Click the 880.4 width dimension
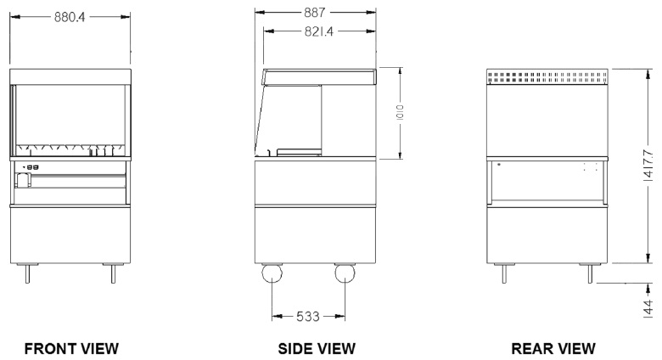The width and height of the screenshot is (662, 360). click(70, 17)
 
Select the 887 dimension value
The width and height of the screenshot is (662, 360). click(315, 13)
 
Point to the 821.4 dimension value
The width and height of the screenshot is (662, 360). click(319, 31)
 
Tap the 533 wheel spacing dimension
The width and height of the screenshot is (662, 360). click(308, 316)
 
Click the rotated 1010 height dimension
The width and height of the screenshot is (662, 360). click(401, 112)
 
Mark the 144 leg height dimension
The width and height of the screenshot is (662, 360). click(648, 308)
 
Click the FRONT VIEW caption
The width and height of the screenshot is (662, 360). click(71, 349)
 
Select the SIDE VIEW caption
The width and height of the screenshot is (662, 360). click(317, 349)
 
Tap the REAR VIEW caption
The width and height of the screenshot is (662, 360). click(553, 349)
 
